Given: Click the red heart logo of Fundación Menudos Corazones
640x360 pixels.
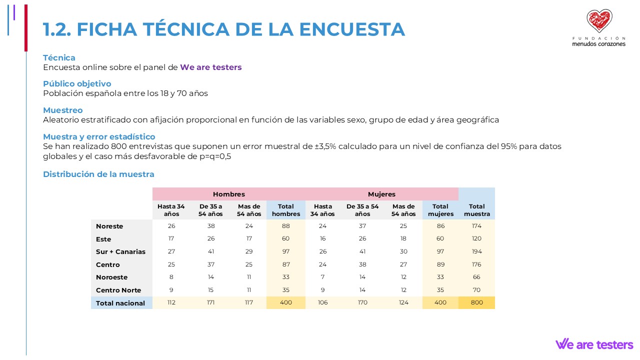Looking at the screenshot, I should click(x=599, y=21).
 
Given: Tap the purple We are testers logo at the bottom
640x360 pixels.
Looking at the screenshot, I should click(x=594, y=344).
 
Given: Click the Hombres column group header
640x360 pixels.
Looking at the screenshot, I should click(x=229, y=194).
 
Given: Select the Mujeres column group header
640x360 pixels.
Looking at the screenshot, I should click(x=381, y=194).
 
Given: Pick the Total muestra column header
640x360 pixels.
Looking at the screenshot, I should click(x=477, y=210).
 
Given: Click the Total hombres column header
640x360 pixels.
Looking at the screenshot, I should click(x=286, y=210).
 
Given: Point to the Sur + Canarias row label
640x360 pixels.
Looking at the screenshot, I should click(x=120, y=251).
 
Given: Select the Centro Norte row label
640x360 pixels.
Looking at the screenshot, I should click(x=118, y=290).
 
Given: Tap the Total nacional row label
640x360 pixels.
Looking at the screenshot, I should click(x=120, y=303).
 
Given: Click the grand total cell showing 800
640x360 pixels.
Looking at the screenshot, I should click(x=477, y=302).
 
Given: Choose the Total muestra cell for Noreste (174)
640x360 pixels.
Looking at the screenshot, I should click(x=477, y=226).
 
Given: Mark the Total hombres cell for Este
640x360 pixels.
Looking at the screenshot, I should click(x=286, y=239).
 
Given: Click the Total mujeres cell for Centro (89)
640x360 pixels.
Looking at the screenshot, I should click(x=440, y=264).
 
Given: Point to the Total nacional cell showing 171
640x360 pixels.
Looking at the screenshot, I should click(x=211, y=302).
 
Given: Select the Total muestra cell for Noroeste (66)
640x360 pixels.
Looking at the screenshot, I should click(x=477, y=277).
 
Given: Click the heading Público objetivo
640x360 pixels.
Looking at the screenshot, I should click(x=77, y=83).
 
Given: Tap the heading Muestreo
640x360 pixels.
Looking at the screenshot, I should click(x=63, y=110).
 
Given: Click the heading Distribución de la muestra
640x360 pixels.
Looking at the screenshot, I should click(x=98, y=174).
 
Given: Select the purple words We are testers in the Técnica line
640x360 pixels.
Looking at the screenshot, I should click(x=211, y=67).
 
